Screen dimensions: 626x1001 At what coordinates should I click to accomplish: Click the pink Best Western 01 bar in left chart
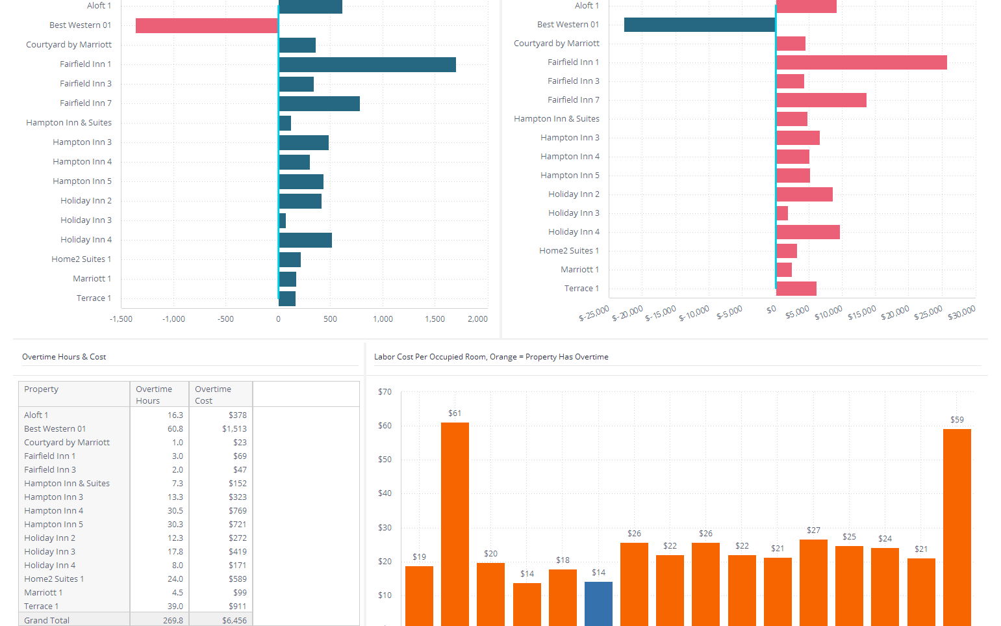207,25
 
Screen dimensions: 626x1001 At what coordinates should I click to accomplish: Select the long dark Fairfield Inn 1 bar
367,64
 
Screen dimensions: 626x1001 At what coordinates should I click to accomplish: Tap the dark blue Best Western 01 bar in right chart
700,25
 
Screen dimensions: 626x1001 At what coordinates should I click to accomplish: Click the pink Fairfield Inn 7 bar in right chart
821,100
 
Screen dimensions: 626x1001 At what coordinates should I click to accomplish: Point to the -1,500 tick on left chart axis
121,319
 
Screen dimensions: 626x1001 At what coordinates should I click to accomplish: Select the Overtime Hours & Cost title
64,357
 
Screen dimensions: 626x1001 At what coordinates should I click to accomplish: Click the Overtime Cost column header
213,395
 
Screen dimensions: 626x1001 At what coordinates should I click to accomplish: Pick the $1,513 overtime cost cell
234,429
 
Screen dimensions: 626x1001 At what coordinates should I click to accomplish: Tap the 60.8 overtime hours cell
175,429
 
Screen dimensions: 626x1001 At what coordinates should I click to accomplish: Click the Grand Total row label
47,620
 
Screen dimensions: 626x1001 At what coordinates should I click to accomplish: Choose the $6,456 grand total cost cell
234,620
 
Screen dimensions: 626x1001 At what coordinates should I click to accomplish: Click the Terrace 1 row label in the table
41,606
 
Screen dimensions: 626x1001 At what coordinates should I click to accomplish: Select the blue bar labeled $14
598,603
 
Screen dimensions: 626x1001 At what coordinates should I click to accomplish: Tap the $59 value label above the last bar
957,420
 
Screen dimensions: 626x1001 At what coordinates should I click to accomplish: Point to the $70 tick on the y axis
385,392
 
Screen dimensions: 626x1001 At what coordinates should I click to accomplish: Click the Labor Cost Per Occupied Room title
491,357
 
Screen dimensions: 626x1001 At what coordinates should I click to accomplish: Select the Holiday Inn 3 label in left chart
86,220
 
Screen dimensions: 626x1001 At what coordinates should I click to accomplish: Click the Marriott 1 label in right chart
579,270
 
